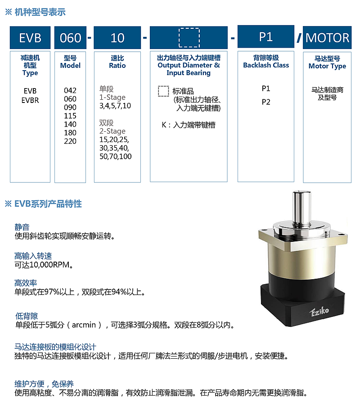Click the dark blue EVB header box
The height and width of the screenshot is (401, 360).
[x=30, y=38]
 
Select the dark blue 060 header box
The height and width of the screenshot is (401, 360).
[x=70, y=38]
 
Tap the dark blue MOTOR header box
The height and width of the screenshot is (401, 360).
[x=327, y=38]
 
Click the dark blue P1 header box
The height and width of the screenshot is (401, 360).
[x=266, y=36]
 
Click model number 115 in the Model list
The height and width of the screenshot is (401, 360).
[x=70, y=116]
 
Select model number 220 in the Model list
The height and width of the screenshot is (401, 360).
[x=70, y=141]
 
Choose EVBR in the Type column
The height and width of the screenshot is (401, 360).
[x=30, y=100]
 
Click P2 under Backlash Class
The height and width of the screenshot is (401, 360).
[x=266, y=102]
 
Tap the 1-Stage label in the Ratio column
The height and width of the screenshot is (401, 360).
[x=112, y=98]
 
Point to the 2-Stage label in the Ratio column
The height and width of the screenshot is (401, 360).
[x=112, y=131]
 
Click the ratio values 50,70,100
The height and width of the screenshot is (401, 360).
[x=116, y=156]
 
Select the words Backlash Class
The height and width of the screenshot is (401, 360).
[x=266, y=65]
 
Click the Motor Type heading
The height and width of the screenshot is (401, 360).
[x=327, y=66]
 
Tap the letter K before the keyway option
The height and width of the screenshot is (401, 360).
[x=164, y=125]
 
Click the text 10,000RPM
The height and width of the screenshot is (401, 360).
[x=49, y=265]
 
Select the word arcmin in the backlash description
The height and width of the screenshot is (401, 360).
[x=84, y=325]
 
